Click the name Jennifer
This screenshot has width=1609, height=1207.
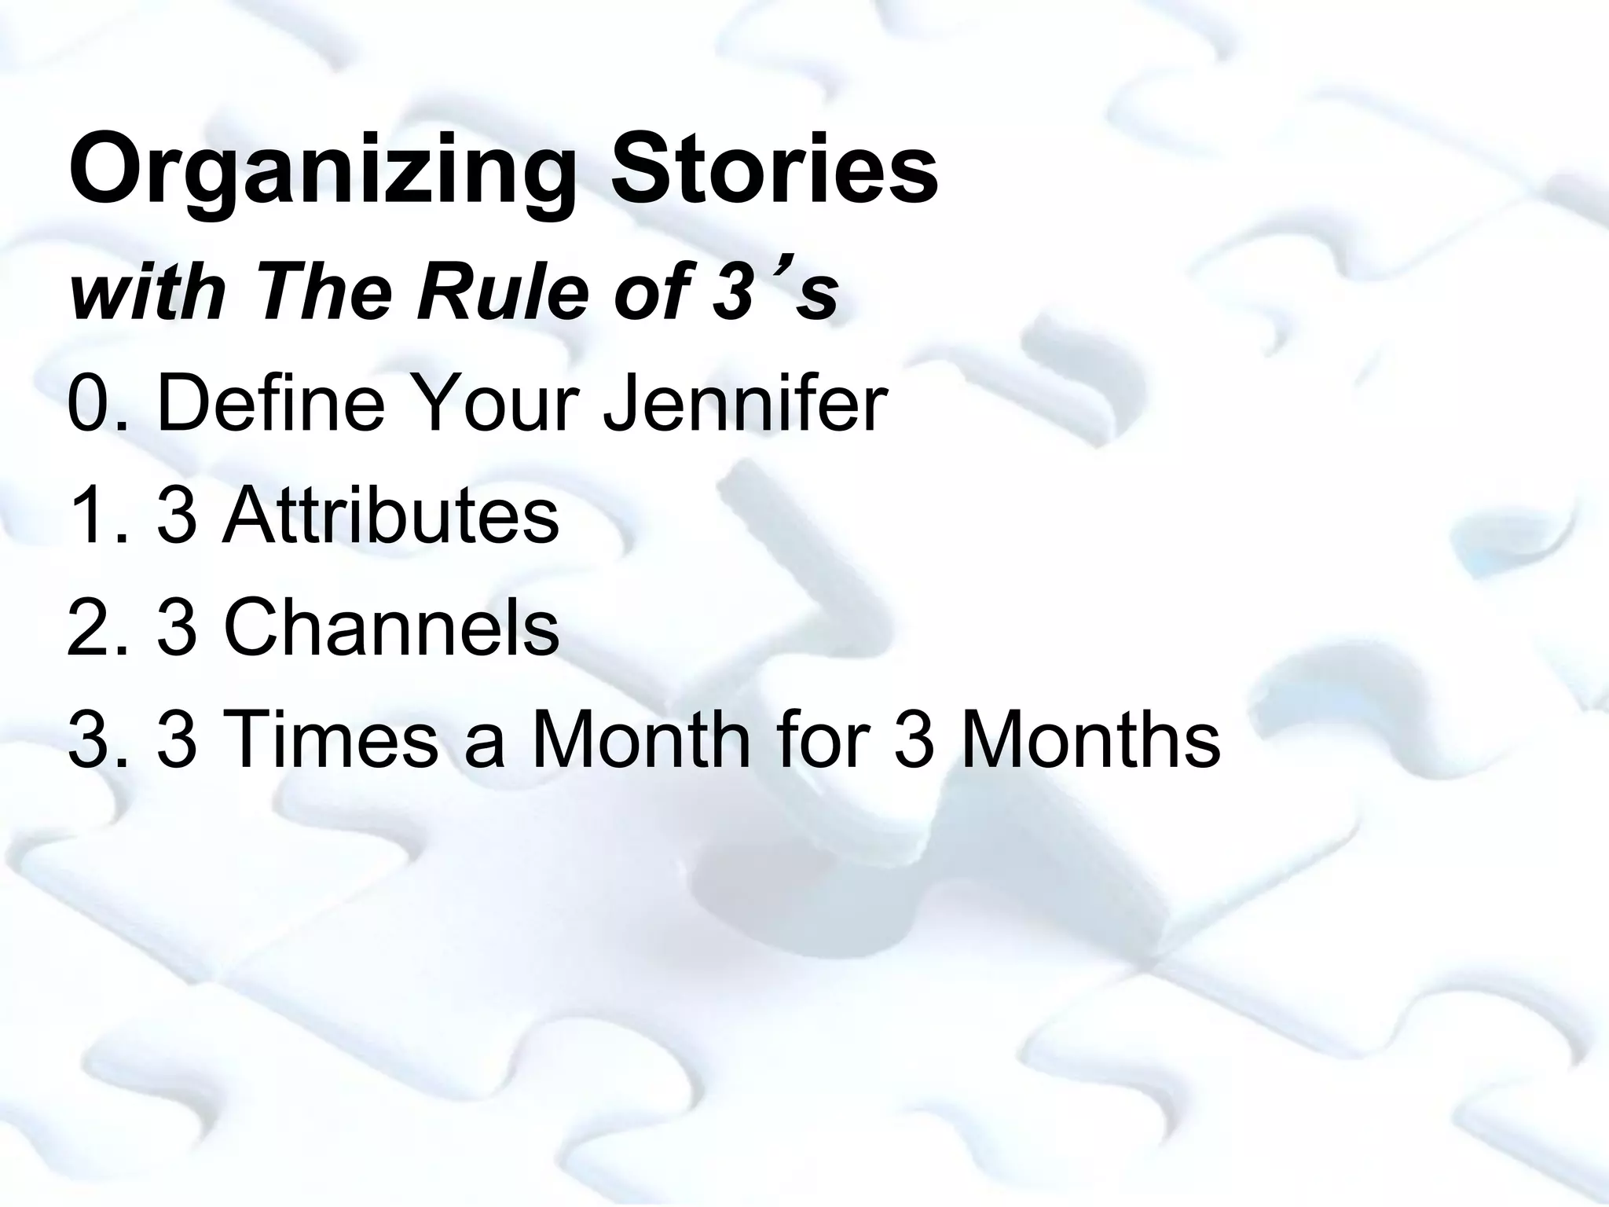coord(744,405)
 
